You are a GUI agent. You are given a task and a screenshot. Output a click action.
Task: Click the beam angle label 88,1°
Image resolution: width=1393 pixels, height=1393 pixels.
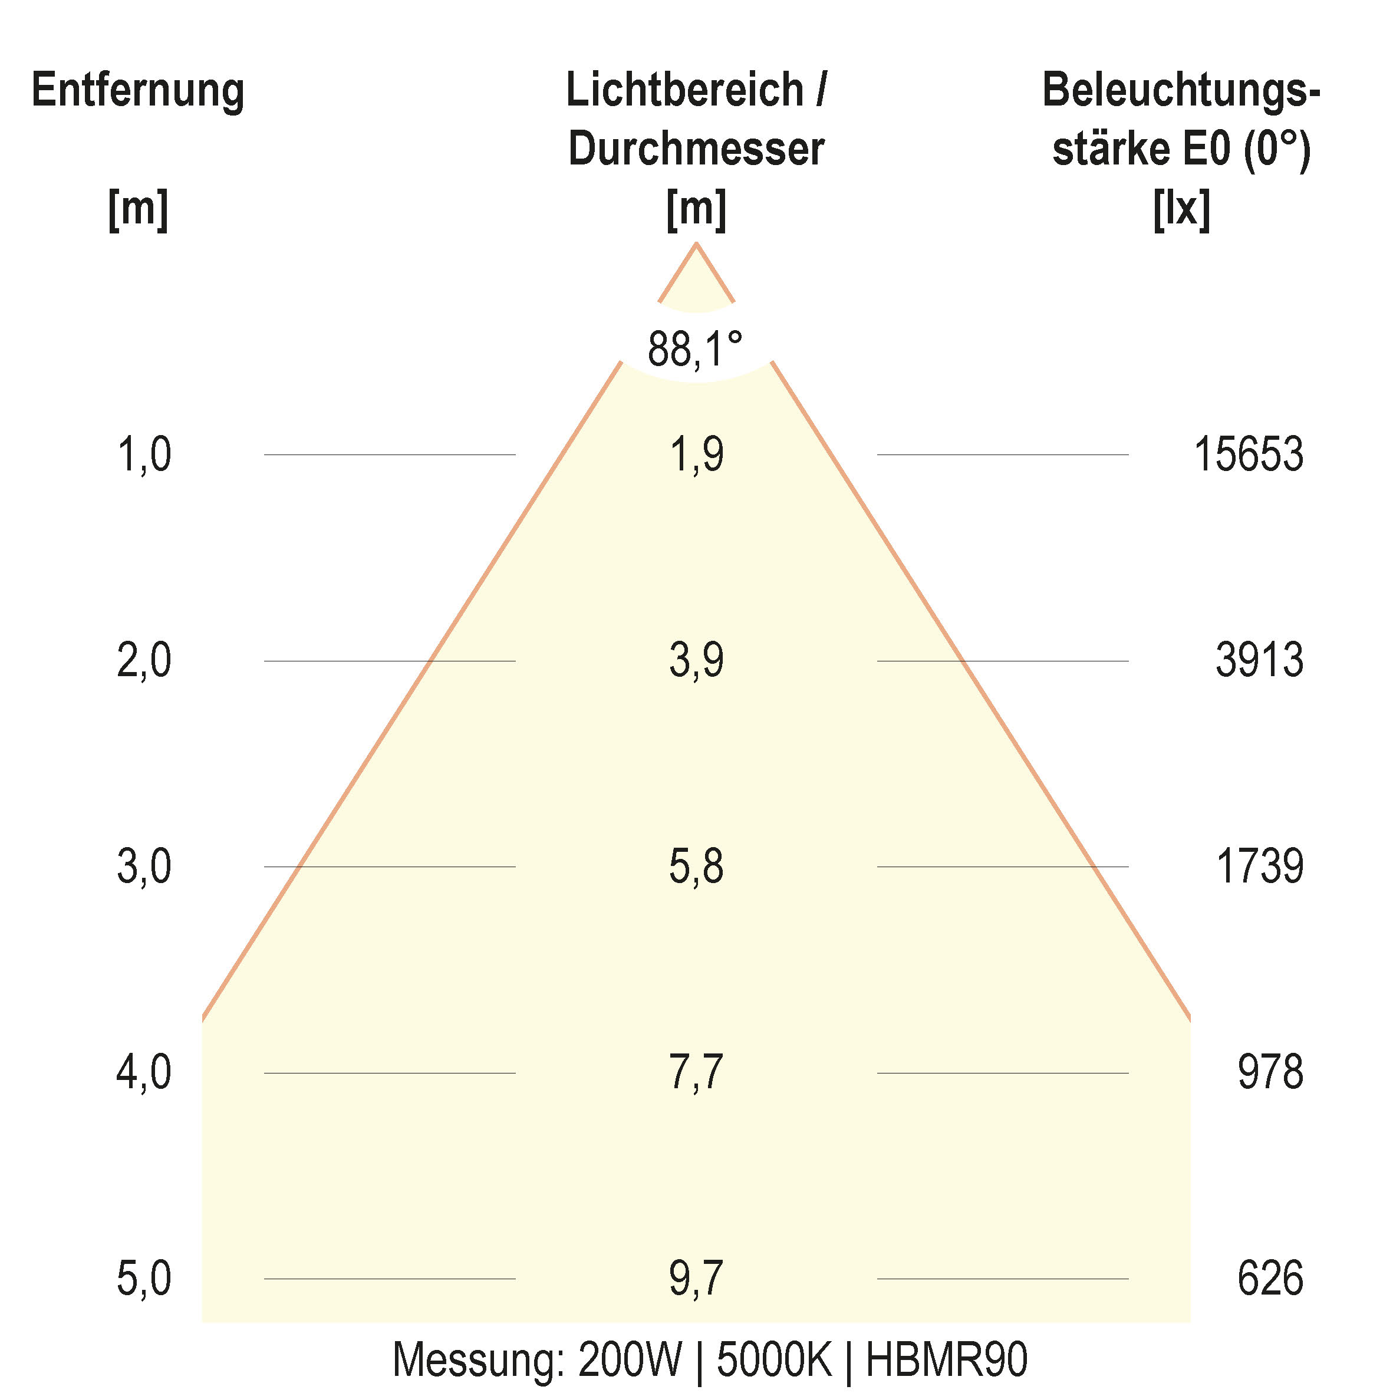click(x=695, y=349)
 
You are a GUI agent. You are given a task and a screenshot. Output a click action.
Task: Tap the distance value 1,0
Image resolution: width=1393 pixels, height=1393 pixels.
click(x=144, y=455)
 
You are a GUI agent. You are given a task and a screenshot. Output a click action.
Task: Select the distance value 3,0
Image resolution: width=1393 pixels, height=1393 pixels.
click(x=144, y=866)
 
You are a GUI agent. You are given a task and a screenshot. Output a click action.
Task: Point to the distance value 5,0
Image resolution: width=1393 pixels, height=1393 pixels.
click(x=144, y=1279)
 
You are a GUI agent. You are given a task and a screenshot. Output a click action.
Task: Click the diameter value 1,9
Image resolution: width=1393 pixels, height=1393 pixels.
click(x=696, y=455)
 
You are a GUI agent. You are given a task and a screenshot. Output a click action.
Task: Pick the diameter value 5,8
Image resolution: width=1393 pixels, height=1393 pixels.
click(x=696, y=866)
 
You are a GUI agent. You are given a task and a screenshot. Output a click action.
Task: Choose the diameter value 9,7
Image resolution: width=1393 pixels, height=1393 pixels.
click(x=696, y=1279)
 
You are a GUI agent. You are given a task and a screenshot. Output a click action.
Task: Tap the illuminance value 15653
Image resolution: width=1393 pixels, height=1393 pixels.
click(x=1248, y=455)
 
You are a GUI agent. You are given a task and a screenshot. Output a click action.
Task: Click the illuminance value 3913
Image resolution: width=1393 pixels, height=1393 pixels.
click(x=1259, y=660)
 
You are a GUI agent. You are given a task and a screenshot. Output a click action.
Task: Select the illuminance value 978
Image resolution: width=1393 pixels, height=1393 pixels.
click(x=1270, y=1072)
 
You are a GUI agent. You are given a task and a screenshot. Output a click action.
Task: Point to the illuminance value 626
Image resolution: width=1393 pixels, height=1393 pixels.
click(x=1270, y=1279)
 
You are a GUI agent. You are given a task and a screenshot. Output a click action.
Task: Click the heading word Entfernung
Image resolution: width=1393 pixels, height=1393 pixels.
click(x=139, y=91)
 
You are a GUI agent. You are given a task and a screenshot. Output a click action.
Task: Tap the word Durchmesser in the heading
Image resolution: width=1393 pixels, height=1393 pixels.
click(x=696, y=149)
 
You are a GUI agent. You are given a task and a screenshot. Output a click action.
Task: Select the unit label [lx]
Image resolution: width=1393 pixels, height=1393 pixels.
click(x=1181, y=209)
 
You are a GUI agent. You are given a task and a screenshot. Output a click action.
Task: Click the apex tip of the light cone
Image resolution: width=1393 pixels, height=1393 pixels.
click(x=696, y=245)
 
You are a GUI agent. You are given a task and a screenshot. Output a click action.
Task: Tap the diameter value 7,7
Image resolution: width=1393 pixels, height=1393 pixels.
click(x=696, y=1072)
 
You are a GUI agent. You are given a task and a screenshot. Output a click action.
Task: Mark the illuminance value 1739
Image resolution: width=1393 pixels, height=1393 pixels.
click(x=1259, y=866)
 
